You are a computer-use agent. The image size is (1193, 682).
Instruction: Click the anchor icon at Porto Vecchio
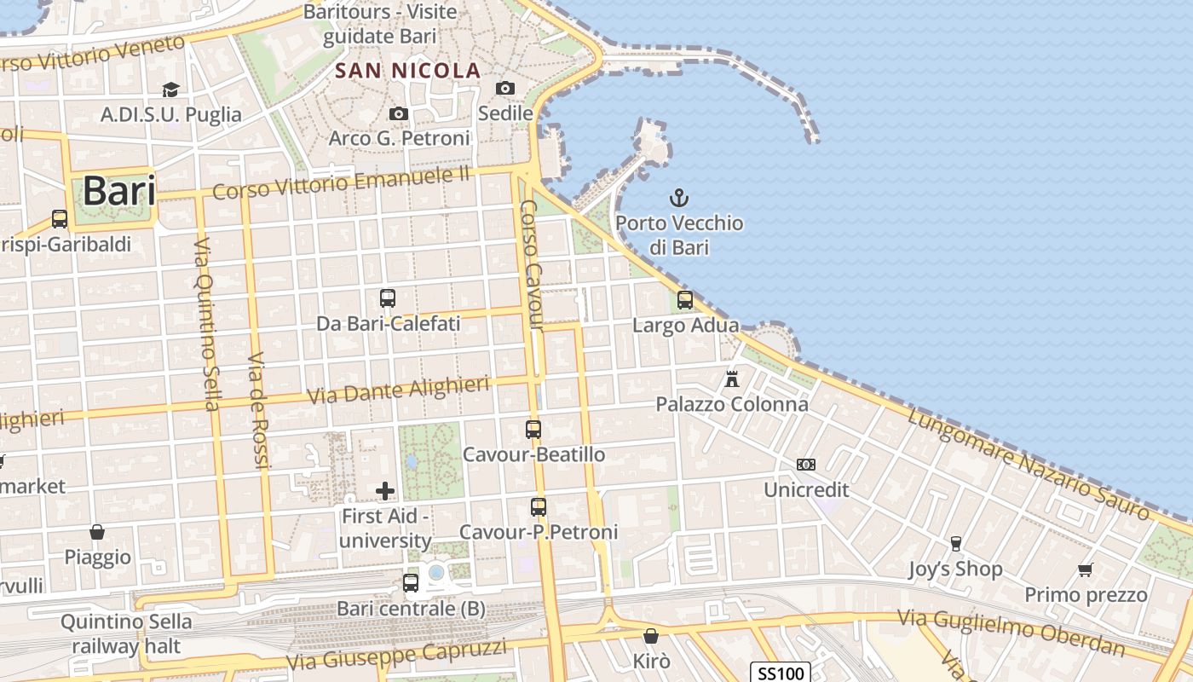(x=678, y=199)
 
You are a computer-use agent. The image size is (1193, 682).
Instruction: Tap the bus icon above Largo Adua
(x=684, y=300)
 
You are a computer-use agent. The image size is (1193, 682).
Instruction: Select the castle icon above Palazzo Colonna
(x=731, y=379)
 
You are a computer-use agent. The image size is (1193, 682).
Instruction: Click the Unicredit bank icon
(x=805, y=465)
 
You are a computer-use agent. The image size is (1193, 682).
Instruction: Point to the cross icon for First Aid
(x=385, y=490)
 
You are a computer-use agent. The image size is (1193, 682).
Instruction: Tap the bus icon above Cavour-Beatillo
(x=533, y=430)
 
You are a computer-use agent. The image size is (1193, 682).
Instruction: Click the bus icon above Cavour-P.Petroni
(x=538, y=507)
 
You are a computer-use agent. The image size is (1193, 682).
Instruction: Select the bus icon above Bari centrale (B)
(x=411, y=583)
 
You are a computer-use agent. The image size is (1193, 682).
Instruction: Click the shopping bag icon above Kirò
(x=651, y=636)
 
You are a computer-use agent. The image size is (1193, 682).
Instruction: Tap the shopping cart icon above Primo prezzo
(x=1085, y=569)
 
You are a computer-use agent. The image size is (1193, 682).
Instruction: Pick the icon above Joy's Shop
(x=955, y=544)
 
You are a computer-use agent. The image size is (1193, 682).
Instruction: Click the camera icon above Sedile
(x=505, y=88)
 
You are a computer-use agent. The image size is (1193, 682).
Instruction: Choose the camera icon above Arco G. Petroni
(x=398, y=113)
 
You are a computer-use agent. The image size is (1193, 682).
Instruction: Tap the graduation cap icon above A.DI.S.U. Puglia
(x=170, y=90)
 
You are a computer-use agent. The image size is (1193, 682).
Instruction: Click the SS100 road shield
(x=781, y=673)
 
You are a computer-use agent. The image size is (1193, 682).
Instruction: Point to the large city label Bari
(x=119, y=191)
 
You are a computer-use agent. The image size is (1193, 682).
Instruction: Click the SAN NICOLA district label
(x=408, y=71)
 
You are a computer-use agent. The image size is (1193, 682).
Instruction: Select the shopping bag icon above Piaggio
(x=97, y=532)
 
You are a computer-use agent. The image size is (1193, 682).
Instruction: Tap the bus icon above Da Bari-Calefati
(x=388, y=298)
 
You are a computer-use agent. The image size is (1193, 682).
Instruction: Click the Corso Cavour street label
(x=531, y=264)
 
